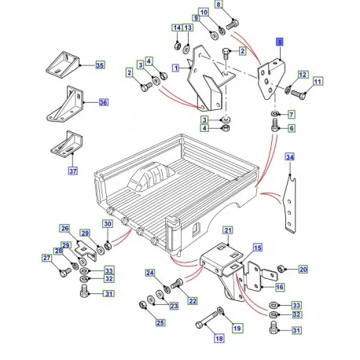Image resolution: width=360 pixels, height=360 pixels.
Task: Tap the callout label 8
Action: [x=219, y=6]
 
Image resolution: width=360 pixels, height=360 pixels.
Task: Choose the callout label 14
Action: [x=178, y=28]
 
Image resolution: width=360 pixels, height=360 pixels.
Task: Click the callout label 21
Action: [x=227, y=230]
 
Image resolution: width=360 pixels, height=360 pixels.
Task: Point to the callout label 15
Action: [x=255, y=247]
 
